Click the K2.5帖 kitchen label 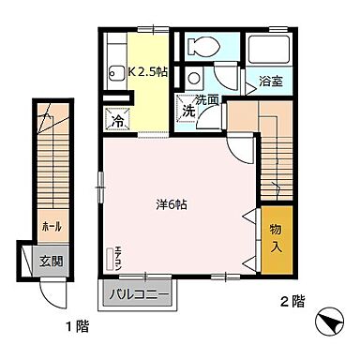[148, 70]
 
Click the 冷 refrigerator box [119, 121]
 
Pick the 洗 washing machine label [188, 112]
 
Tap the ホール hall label [47, 226]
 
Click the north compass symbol [329, 323]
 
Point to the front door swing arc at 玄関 [52, 291]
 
